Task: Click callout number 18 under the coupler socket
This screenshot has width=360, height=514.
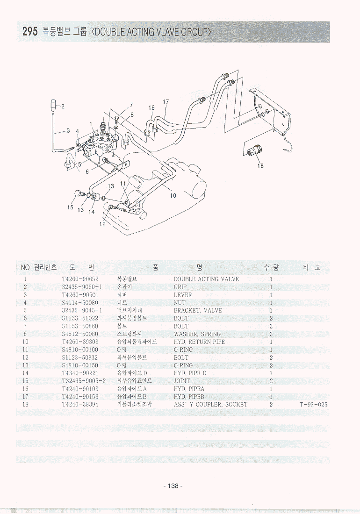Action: pos(261,165)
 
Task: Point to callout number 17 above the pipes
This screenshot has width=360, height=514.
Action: pos(166,102)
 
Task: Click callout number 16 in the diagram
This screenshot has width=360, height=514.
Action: pos(151,108)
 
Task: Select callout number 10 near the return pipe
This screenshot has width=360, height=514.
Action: pos(173,195)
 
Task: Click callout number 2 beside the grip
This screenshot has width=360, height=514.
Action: pos(63,106)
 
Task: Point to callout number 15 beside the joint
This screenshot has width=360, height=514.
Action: pos(71,207)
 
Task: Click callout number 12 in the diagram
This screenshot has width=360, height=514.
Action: pos(102,224)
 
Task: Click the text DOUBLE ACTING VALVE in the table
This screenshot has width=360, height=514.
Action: pos(206,279)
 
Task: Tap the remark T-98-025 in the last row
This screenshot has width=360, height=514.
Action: pos(313,405)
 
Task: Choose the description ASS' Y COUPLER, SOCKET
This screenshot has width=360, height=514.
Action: pos(210,405)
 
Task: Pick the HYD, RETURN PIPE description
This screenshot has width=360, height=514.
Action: pos(199,342)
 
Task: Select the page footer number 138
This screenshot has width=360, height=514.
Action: pos(173,486)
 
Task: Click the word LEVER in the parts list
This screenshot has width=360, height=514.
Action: pos(183,295)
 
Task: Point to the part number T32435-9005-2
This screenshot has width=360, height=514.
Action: pos(84,381)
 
